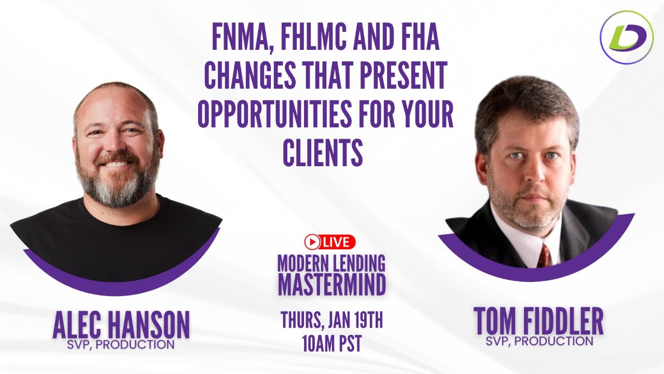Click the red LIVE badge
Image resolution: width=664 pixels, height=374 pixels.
[x=330, y=241]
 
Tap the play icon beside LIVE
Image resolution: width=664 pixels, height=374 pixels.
[x=312, y=241]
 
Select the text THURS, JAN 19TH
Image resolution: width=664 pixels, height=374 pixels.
[x=331, y=320]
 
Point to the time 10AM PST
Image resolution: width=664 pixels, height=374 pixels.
[x=331, y=344]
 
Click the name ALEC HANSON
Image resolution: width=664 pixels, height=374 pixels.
[x=121, y=325]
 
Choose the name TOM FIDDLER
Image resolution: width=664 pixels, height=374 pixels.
[x=538, y=323]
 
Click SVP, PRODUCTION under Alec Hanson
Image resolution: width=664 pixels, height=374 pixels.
[x=121, y=344]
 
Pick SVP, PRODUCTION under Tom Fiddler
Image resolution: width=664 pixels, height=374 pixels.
[x=539, y=341]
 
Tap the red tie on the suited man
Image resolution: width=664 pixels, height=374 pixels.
[x=544, y=255]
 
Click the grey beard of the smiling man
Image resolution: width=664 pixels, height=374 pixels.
[x=116, y=184]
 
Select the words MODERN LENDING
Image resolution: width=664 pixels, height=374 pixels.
[x=331, y=263]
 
